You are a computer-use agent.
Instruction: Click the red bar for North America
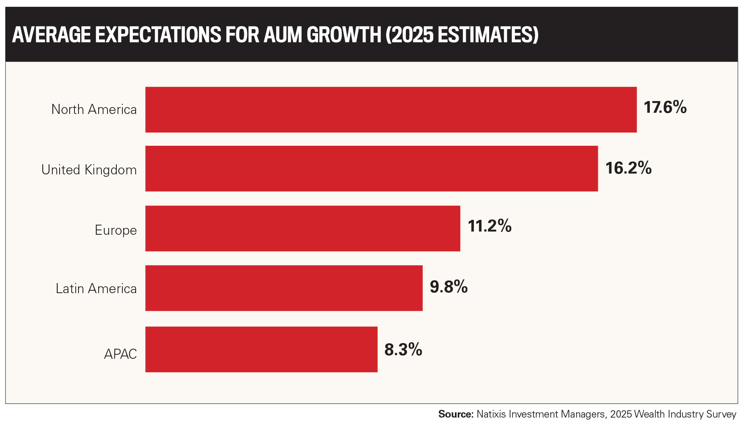(x=391, y=110)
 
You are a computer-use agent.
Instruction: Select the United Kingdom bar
(x=372, y=169)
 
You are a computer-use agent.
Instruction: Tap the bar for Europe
(x=303, y=228)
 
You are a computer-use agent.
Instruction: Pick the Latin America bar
(x=284, y=288)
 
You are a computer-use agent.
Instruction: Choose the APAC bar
(x=261, y=350)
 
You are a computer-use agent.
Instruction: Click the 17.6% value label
(x=665, y=108)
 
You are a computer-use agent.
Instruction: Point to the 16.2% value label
(x=628, y=168)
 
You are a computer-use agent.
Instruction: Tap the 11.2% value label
(x=490, y=226)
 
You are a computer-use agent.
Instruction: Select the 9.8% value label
(x=449, y=287)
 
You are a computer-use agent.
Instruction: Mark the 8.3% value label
(x=403, y=350)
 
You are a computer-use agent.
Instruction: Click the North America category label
(x=94, y=110)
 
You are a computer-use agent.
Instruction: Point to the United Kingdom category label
(x=89, y=170)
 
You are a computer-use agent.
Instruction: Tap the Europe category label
(x=116, y=230)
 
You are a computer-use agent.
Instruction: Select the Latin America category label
(x=96, y=289)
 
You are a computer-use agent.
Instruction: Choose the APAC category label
(x=120, y=354)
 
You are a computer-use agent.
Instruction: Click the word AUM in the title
(x=283, y=35)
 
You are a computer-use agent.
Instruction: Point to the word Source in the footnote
(x=456, y=414)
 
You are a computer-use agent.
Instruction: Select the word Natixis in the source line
(x=490, y=414)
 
